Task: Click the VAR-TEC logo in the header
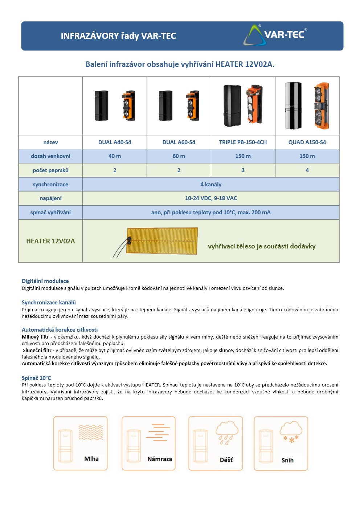click(x=275, y=35)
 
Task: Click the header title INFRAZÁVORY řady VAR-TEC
click(x=118, y=36)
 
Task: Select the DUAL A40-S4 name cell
click(x=115, y=142)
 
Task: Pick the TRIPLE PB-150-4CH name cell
click(x=243, y=142)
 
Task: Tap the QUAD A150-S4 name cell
click(x=307, y=142)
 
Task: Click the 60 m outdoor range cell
click(x=179, y=156)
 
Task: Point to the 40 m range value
click(x=115, y=156)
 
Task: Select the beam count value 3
click(x=243, y=170)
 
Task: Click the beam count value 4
click(x=307, y=170)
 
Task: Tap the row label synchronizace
click(x=50, y=185)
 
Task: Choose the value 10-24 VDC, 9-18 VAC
click(x=211, y=198)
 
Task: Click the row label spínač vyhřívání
click(x=50, y=212)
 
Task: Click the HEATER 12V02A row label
click(x=50, y=241)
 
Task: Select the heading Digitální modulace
click(x=45, y=281)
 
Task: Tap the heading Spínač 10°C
click(x=36, y=378)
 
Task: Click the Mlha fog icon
click(x=81, y=443)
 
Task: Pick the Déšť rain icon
click(x=216, y=443)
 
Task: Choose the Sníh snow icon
click(x=281, y=443)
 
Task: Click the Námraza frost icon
click(x=149, y=443)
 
